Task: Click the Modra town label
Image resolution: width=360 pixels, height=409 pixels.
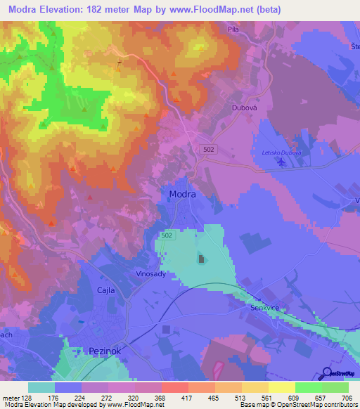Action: [182, 194]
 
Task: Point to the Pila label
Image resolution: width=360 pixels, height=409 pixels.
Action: [233, 30]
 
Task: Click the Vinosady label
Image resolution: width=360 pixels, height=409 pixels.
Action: [150, 274]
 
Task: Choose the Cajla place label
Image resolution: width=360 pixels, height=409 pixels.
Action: [105, 290]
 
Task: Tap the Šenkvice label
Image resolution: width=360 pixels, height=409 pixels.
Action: [265, 308]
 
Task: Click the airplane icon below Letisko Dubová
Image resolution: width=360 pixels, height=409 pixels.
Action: [282, 163]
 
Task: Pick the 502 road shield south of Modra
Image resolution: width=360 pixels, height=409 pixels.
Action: [167, 235]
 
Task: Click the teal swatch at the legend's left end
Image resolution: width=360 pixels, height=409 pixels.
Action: [41, 387]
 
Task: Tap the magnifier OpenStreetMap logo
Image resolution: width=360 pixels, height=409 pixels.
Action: [327, 372]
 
